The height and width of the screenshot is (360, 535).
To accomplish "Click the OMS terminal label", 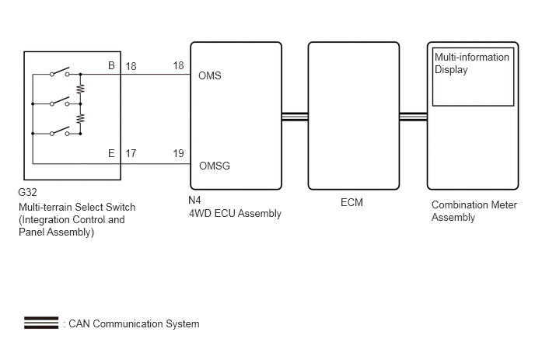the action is point(209,75).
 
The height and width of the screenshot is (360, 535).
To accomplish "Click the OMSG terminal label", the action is point(215,166).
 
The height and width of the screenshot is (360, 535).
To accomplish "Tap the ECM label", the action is point(351,202).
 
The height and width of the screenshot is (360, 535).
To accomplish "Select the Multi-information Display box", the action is point(473,77).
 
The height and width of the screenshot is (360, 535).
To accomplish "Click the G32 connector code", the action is point(27,193).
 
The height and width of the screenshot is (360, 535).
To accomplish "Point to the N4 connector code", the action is point(194,200).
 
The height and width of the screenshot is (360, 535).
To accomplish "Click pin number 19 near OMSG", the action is point(178,153).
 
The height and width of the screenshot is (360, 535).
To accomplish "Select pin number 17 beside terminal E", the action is point(131,153).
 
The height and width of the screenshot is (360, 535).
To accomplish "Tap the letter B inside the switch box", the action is point(111,65).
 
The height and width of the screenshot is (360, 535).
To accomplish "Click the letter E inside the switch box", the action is point(111,153).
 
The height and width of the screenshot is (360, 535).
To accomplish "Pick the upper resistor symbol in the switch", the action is point(81,89).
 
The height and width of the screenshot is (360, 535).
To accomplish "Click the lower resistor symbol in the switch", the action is point(81,118).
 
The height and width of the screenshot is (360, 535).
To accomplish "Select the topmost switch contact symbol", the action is point(60,72).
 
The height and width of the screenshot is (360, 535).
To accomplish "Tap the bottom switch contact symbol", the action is point(60,131).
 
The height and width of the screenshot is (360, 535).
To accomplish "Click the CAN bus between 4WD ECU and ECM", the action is point(295,117).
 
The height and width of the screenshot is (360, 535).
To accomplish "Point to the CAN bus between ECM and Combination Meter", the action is point(413,117).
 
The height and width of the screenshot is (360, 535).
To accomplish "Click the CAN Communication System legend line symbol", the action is point(41,323).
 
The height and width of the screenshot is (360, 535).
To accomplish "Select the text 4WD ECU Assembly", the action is point(235,214).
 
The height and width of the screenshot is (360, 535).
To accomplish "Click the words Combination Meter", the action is point(474,204).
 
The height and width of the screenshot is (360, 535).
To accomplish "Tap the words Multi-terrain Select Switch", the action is point(77,207).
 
